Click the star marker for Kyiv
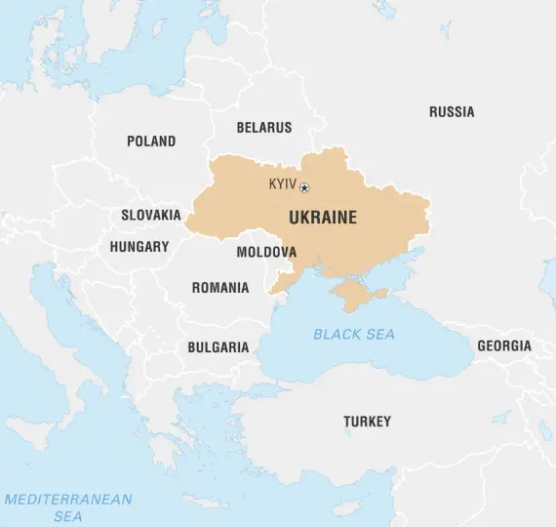304,187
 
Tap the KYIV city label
283,184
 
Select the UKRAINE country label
323,218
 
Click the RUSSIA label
452,112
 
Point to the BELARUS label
263,128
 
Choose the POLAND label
151,142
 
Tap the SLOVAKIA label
150,215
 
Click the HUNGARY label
139,247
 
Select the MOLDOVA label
266,252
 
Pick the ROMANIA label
219,288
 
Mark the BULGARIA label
218,347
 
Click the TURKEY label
367,422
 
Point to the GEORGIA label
504,346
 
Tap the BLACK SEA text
354,335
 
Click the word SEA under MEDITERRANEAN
68,516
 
